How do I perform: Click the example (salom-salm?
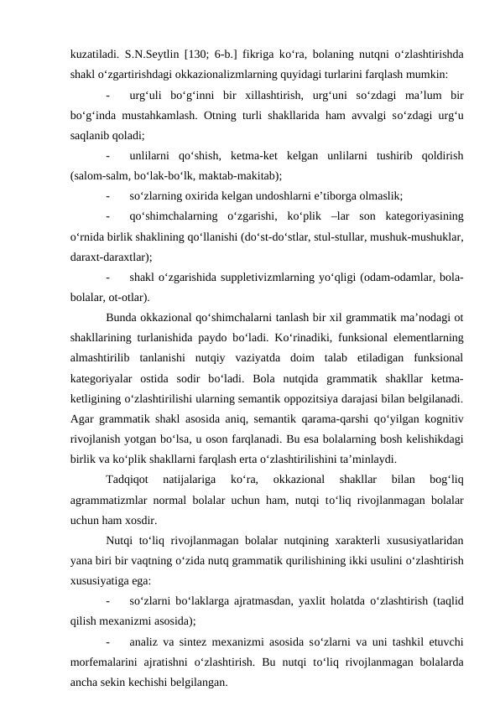pos(102,175)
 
